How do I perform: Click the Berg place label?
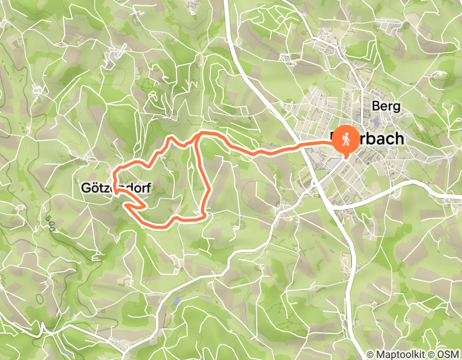point(385,106)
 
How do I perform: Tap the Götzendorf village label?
point(116,189)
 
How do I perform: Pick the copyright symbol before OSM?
point(435,354)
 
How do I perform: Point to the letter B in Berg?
point(375,106)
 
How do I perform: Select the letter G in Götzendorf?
point(85,189)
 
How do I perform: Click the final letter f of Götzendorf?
point(148,189)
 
